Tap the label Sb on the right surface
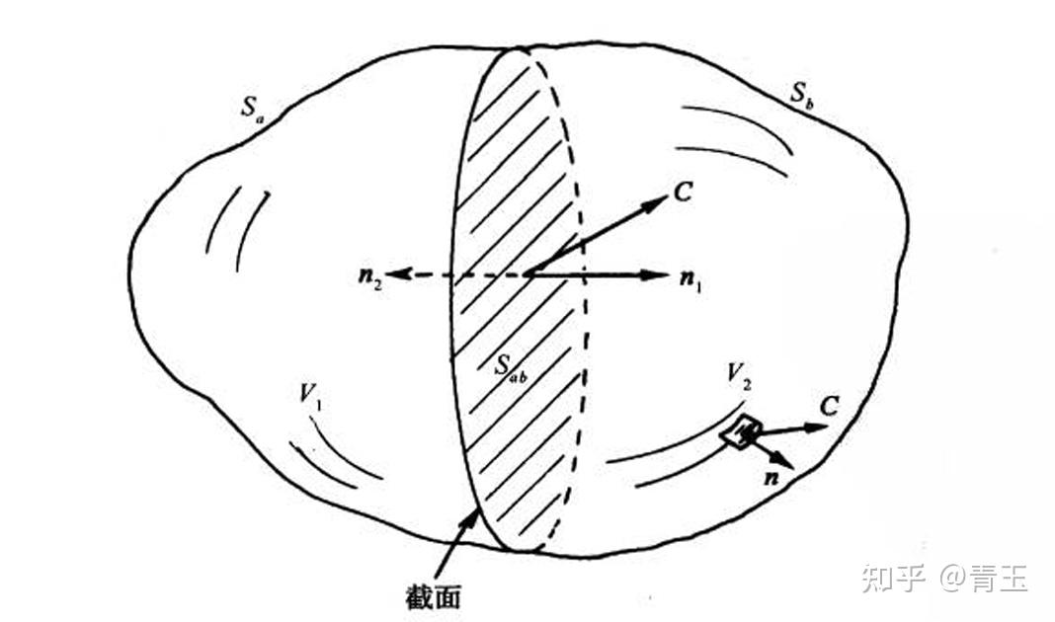(801, 95)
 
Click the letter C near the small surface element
(830, 407)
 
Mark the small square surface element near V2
(742, 431)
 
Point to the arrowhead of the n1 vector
(664, 273)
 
